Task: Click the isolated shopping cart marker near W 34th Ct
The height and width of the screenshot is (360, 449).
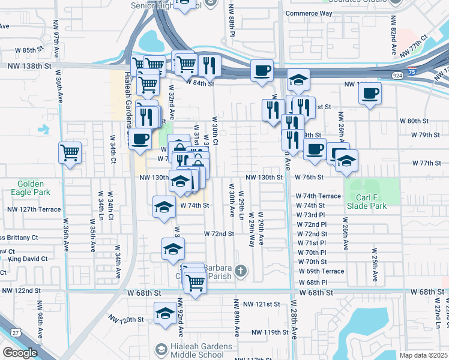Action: [x=70, y=152]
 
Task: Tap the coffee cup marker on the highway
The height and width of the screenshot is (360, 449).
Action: [x=262, y=70]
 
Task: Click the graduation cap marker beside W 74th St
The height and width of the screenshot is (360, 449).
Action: [x=164, y=207]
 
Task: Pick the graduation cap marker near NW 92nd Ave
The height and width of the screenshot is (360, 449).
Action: [x=166, y=313]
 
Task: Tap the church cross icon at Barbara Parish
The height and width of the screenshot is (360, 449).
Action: [x=240, y=271]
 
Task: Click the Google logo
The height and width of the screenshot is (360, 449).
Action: [x=20, y=352]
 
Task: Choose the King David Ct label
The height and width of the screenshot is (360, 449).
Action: [x=27, y=259]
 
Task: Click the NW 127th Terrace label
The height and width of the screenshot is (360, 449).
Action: [x=34, y=209]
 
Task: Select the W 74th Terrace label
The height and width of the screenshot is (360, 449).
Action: [x=318, y=196]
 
